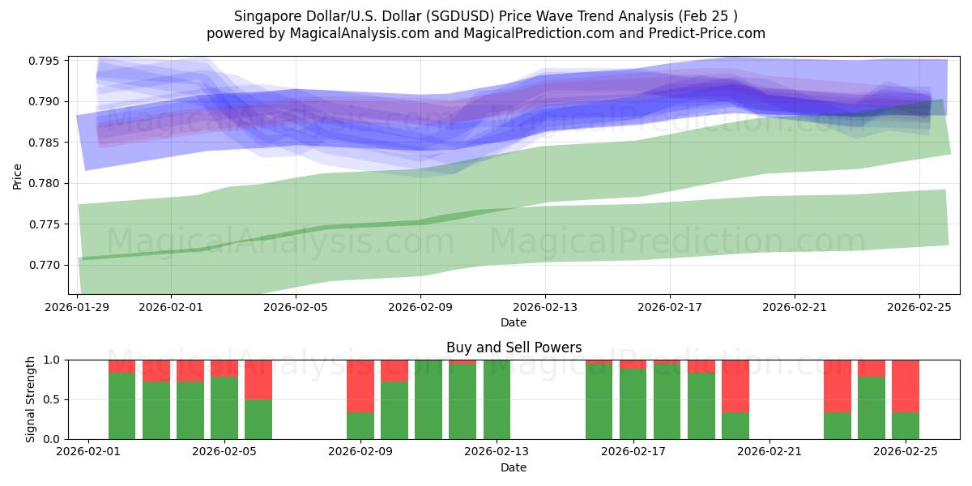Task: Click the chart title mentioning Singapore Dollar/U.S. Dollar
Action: tap(485, 16)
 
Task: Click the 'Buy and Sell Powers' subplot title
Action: tap(514, 347)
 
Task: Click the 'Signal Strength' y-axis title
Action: tap(30, 399)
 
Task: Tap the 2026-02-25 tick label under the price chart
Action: tap(919, 308)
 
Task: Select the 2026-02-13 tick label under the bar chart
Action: tap(497, 452)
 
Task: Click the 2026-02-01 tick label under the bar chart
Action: tap(87, 452)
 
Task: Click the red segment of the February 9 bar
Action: tap(360, 386)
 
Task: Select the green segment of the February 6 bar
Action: tap(258, 419)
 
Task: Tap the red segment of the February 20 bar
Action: tap(735, 386)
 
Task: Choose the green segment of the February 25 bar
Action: tap(906, 426)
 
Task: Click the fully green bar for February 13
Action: tap(497, 399)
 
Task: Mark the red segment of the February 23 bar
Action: tap(838, 386)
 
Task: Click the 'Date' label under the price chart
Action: tap(514, 322)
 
